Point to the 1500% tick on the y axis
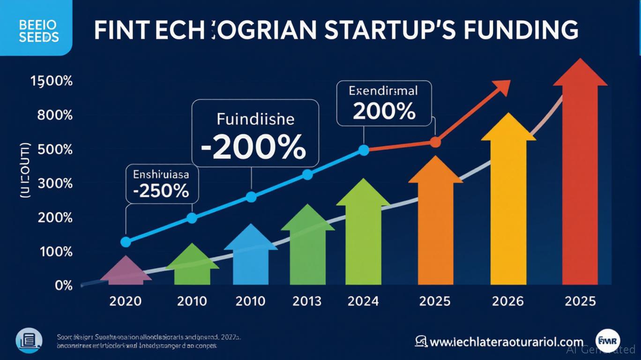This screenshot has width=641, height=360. click(x=52, y=81)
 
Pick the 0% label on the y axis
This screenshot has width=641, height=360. click(x=64, y=285)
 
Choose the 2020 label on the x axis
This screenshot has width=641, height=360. click(x=125, y=300)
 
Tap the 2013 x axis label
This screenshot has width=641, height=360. click(x=307, y=300)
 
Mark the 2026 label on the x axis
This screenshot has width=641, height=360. click(x=508, y=300)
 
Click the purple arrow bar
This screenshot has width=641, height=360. click(x=126, y=272)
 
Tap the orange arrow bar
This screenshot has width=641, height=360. click(x=436, y=225)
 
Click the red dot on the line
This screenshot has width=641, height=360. click(x=435, y=142)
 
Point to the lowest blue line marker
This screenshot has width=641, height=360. click(x=126, y=242)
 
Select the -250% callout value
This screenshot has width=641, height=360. click(x=161, y=191)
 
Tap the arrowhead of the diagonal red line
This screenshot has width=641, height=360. click(x=502, y=87)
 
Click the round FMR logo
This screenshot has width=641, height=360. click(x=608, y=341)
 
